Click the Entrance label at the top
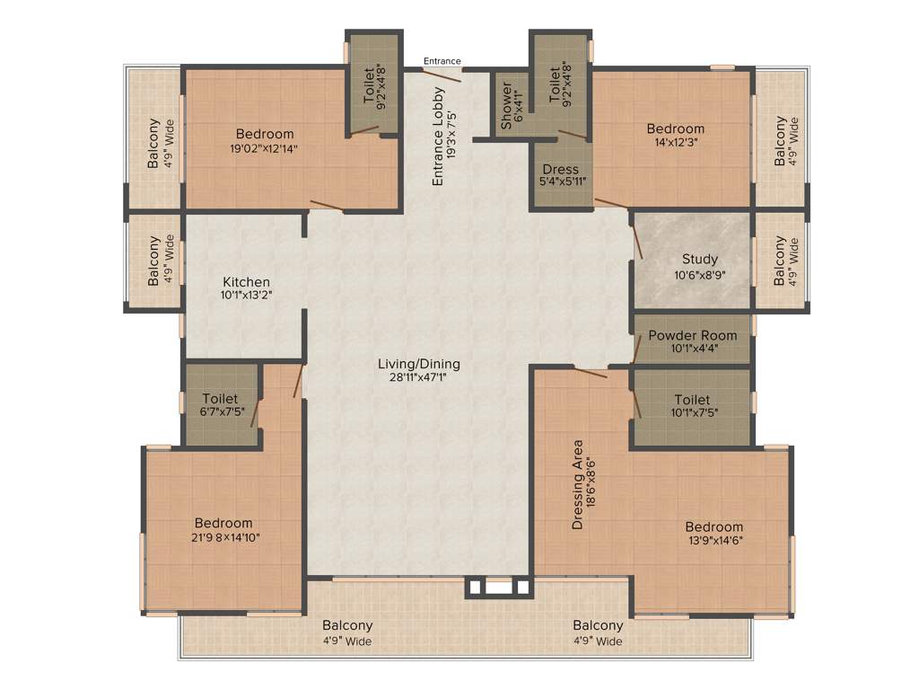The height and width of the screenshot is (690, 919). [x=442, y=61]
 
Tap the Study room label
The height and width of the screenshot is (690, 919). [x=699, y=260]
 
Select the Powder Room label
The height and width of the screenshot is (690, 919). [x=692, y=336]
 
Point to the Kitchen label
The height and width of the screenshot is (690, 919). [x=246, y=282]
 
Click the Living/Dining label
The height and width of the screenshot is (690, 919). [x=418, y=364]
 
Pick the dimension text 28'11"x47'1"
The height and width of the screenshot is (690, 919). [x=418, y=377]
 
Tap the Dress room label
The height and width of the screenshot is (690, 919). [x=561, y=169]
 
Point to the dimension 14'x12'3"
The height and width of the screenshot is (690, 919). [x=675, y=142]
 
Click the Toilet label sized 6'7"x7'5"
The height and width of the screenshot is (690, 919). [x=220, y=399]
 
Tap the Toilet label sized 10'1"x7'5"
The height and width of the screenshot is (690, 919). [x=691, y=400]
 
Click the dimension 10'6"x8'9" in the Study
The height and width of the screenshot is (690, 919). [x=699, y=276]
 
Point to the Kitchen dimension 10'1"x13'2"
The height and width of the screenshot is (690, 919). [x=246, y=296]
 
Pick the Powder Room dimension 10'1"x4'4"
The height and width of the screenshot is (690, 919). [x=692, y=349]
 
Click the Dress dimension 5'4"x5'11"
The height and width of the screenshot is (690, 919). [x=561, y=182]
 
